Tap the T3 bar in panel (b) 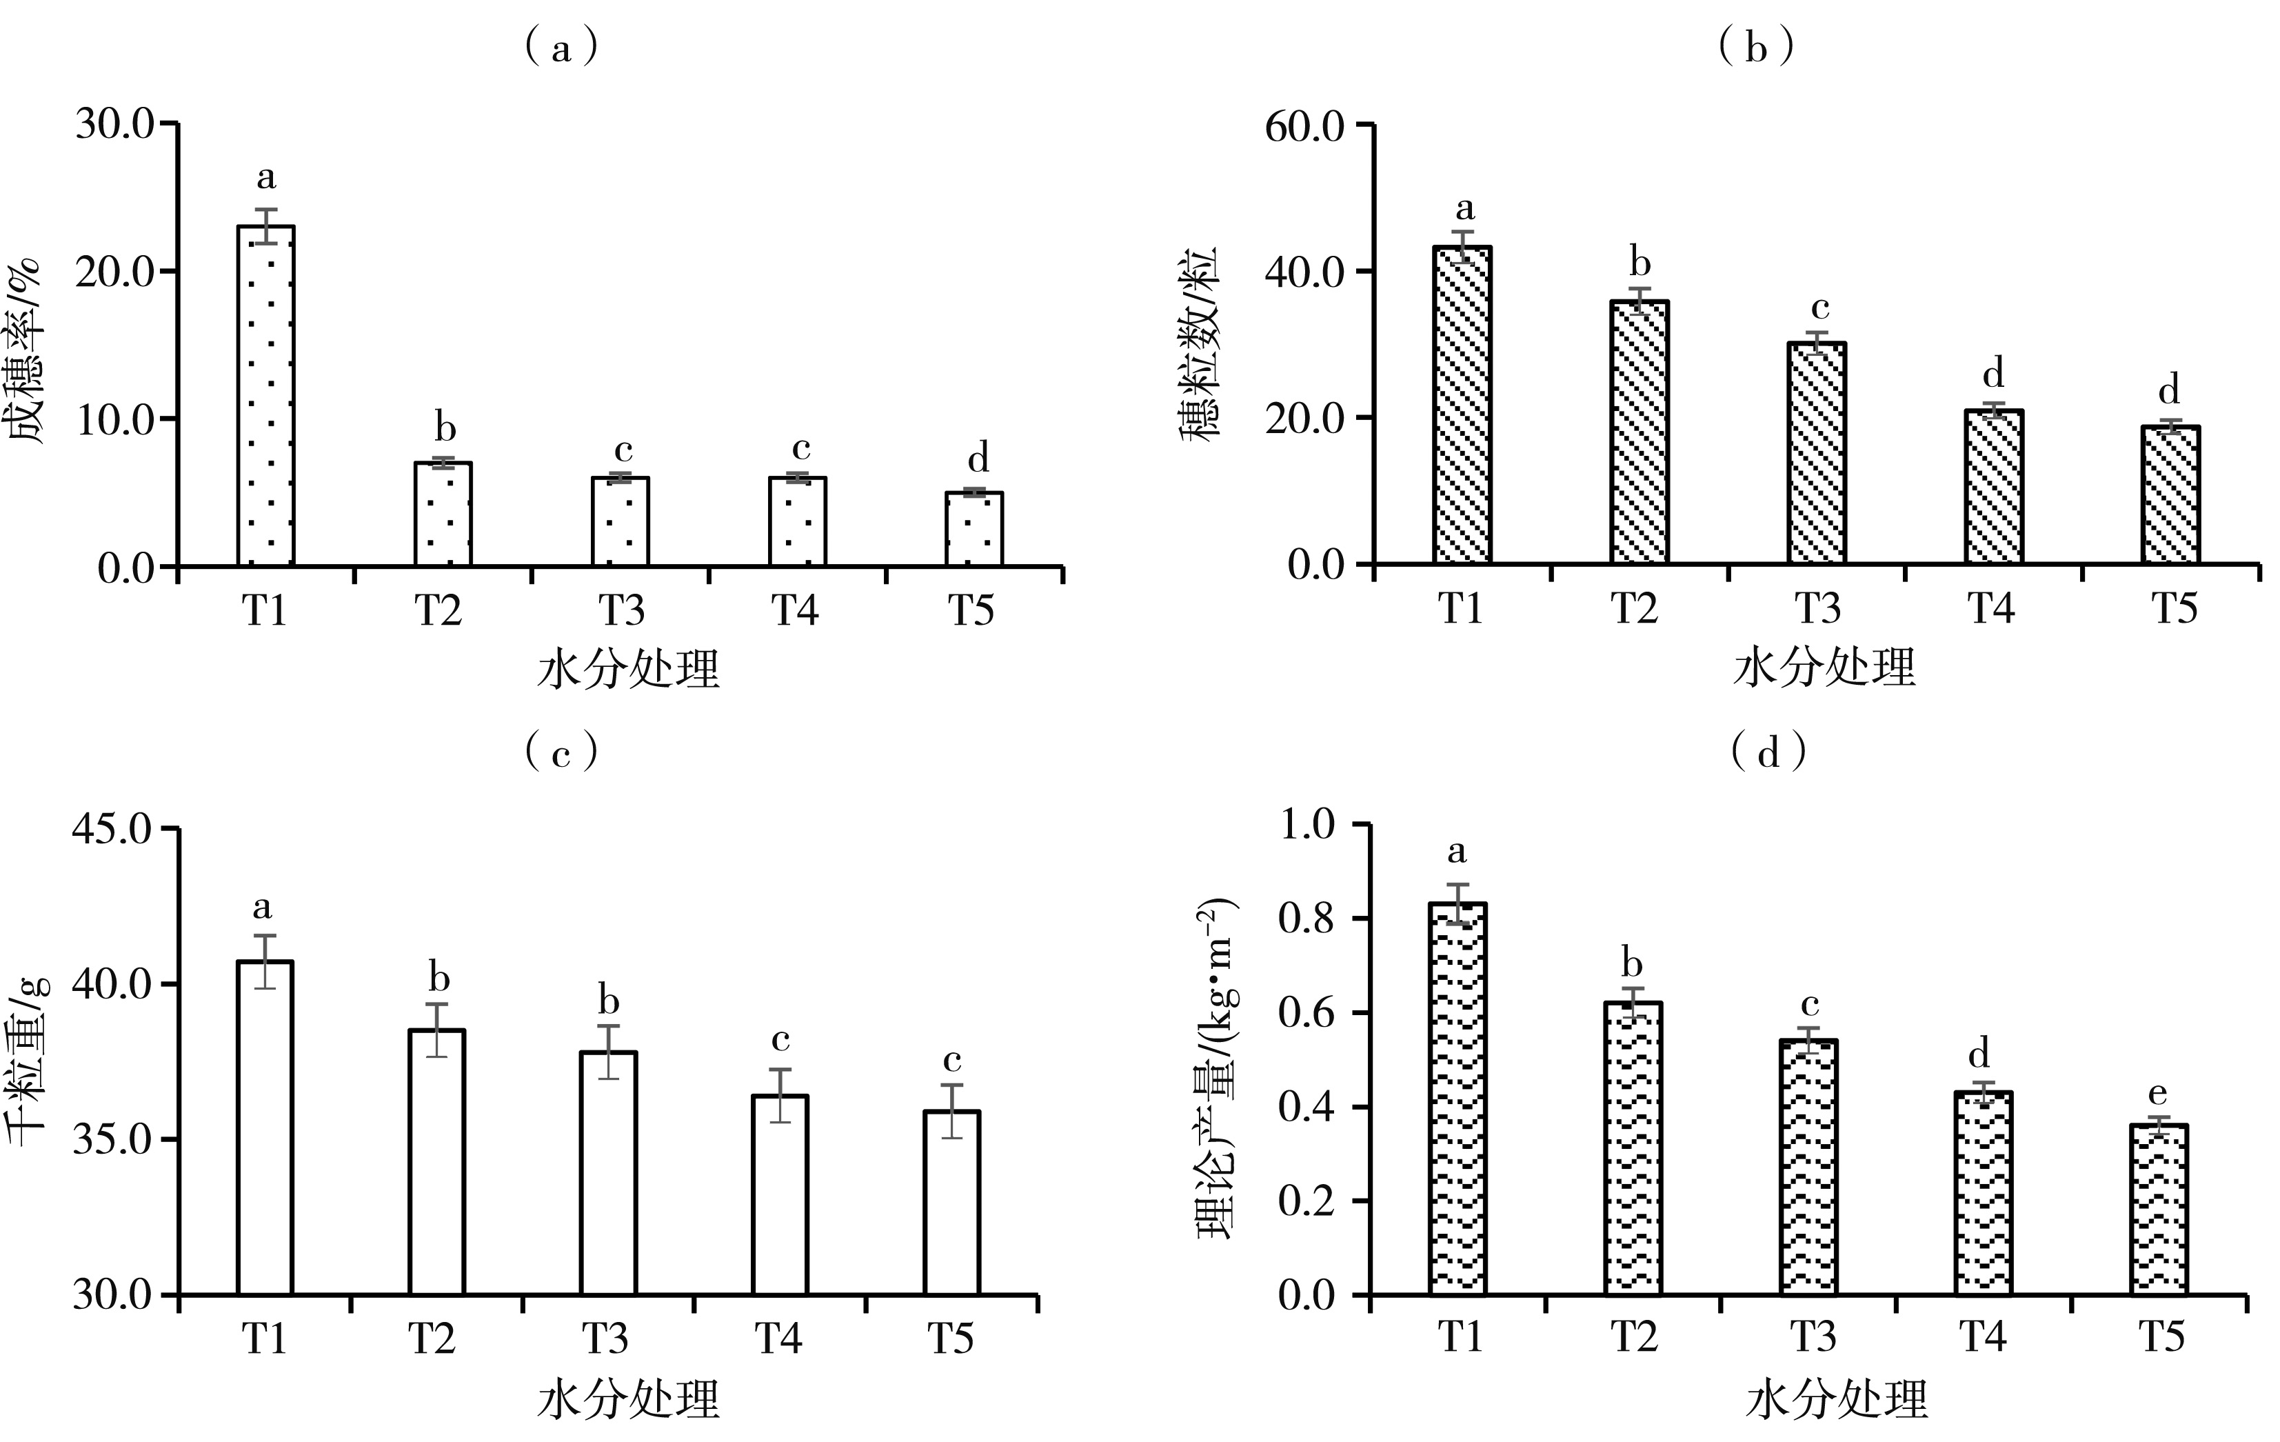coord(1817,454)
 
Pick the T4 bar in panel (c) coord(780,1195)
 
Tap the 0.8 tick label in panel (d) coord(1307,919)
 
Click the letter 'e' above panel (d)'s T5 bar coord(2158,1094)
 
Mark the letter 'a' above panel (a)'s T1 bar coord(266,177)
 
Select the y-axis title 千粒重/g coord(28,1061)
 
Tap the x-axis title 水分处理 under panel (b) coord(1824,668)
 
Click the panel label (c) coord(561,752)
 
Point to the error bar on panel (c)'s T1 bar coord(265,961)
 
